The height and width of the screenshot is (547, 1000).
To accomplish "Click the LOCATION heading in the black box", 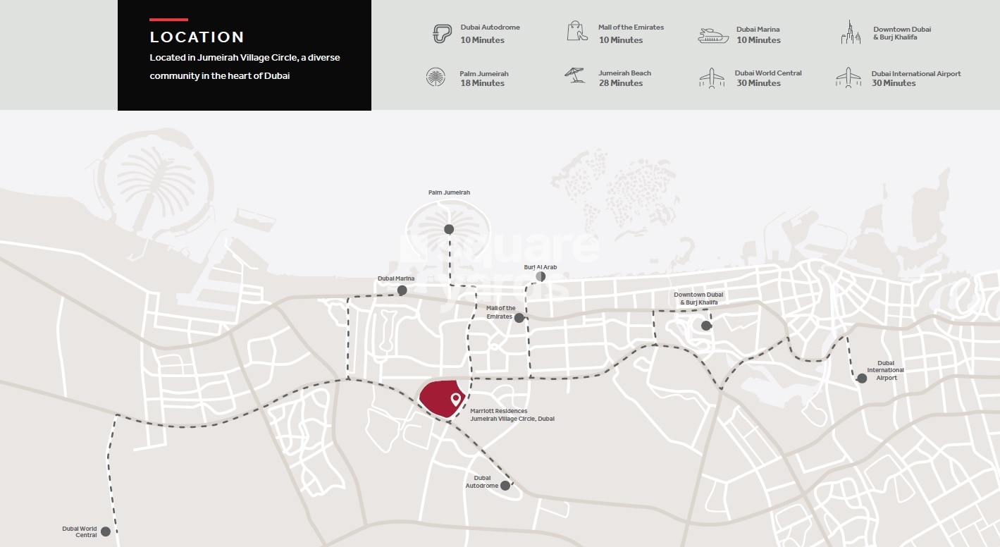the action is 197,37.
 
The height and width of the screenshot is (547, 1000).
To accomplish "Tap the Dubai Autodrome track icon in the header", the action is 442,34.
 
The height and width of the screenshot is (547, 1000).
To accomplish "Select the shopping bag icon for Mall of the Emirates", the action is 577,31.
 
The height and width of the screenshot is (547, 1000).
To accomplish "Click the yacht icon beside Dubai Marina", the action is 713,35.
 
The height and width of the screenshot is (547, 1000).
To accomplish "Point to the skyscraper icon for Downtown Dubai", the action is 851,32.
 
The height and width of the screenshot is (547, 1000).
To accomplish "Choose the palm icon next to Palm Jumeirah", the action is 436,77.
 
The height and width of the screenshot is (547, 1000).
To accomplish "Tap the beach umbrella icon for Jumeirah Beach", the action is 575,75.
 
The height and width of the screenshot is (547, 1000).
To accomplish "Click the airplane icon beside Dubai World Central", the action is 712,78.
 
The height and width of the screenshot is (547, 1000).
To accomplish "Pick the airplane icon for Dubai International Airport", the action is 848,78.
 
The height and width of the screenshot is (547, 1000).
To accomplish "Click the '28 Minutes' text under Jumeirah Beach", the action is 620,83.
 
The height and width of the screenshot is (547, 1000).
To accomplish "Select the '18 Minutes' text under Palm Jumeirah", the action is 483,83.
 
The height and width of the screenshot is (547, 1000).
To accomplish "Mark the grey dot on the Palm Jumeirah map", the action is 448,229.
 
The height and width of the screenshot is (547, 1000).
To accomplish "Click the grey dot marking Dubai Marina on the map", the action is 402,290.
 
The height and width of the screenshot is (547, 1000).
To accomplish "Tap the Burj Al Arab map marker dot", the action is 541,277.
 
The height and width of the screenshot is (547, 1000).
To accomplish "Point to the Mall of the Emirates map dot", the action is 519,318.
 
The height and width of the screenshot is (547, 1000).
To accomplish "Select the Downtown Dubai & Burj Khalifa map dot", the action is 706,325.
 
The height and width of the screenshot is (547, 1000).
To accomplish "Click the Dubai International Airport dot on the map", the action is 862,379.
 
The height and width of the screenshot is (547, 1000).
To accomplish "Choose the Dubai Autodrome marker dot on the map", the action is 505,486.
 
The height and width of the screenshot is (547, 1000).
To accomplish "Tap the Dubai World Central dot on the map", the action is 105,531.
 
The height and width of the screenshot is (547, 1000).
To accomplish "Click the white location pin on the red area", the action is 456,400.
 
